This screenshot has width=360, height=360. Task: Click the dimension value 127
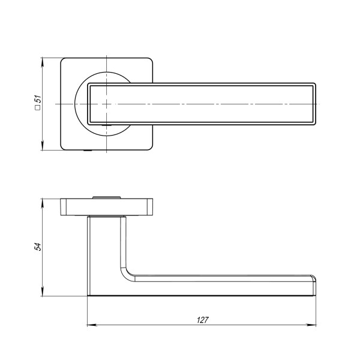[202, 320]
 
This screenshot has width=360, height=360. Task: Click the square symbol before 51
[37, 110]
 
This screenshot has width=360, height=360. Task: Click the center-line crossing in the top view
[106, 104]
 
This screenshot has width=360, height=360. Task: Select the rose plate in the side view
[107, 206]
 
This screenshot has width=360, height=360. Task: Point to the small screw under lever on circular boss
[107, 125]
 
